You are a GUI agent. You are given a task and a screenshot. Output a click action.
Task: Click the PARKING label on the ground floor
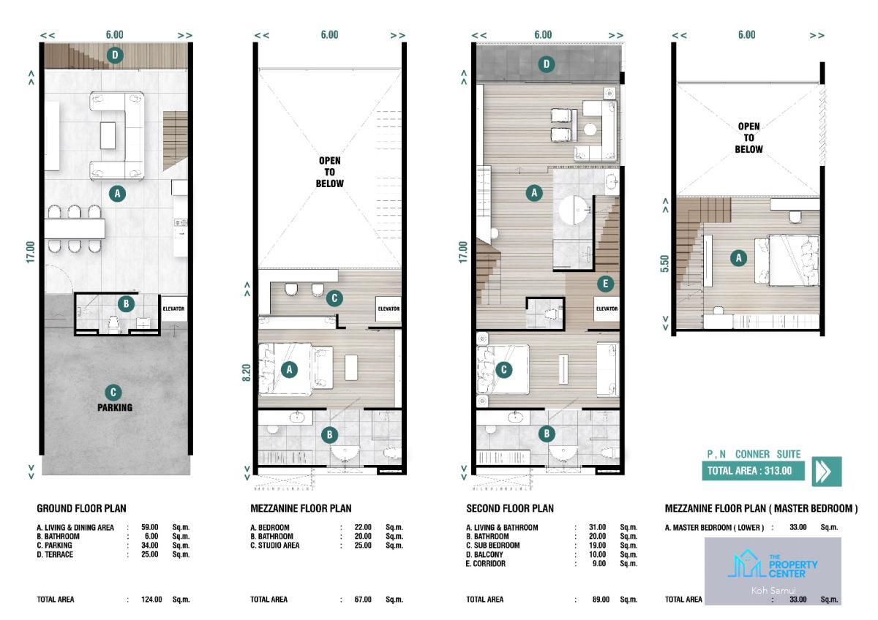(115, 407)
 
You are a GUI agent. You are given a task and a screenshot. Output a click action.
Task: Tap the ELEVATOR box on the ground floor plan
(173, 309)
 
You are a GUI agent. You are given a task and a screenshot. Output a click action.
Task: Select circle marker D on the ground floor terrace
(115, 56)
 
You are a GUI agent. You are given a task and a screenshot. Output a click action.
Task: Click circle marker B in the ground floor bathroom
(126, 303)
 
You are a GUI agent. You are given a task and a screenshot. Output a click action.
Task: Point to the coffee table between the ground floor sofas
(108, 135)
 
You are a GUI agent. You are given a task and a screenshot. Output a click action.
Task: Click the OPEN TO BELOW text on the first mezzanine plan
(330, 172)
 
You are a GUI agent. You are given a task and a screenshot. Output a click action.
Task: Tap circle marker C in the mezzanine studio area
(334, 298)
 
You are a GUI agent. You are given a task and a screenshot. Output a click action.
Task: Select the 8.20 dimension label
(246, 372)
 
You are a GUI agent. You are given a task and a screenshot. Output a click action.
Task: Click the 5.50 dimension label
(664, 264)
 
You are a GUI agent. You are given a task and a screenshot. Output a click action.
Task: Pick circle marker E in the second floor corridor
(606, 284)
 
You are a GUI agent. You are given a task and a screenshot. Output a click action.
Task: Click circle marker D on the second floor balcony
(547, 64)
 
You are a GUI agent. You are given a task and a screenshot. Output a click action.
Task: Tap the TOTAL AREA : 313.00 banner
(753, 470)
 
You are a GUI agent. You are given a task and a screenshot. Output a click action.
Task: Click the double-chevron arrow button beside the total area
(827, 471)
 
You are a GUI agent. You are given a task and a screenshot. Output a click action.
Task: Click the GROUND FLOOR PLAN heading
(81, 508)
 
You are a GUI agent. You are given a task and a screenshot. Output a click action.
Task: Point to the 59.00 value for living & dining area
(150, 527)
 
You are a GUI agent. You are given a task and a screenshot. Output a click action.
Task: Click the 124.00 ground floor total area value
(151, 600)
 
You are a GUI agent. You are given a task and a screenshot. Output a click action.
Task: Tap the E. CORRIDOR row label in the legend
(486, 563)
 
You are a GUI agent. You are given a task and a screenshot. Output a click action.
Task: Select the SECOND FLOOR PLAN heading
(510, 508)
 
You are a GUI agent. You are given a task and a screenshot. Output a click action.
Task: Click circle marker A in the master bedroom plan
(738, 258)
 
